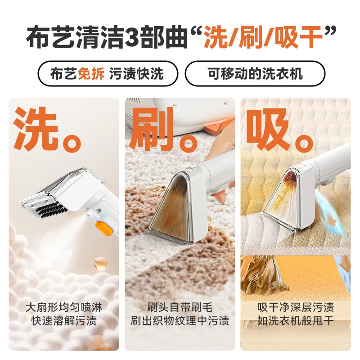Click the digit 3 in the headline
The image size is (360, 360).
[x=135, y=37]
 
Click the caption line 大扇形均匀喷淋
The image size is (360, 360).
[x=64, y=307]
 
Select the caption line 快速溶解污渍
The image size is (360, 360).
[x=64, y=321]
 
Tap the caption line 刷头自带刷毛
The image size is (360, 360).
[x=180, y=307]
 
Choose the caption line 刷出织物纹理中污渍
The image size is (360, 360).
[x=180, y=321]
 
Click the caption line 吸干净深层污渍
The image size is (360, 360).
[x=296, y=307]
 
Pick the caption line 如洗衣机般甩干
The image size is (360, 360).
[x=296, y=321]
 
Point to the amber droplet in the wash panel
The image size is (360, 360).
[x=100, y=264]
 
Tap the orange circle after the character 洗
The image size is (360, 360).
[x=72, y=141]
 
